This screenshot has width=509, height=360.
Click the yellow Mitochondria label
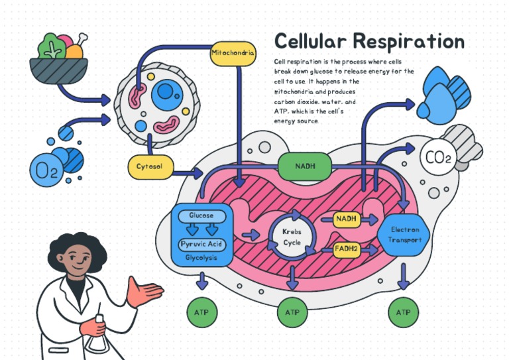233,53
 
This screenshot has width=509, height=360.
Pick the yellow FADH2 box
347,249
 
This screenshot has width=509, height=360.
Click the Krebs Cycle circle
292,237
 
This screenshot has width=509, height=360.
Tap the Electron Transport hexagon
404,235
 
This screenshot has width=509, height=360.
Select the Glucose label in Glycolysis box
201,216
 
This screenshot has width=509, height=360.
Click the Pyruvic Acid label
201,245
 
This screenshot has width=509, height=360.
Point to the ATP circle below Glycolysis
201,312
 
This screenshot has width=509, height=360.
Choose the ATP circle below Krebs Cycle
292,312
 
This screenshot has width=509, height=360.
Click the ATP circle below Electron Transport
403,312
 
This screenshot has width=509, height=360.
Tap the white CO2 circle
437,158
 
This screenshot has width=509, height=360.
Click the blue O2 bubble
46,170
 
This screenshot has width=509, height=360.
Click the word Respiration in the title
408,41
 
